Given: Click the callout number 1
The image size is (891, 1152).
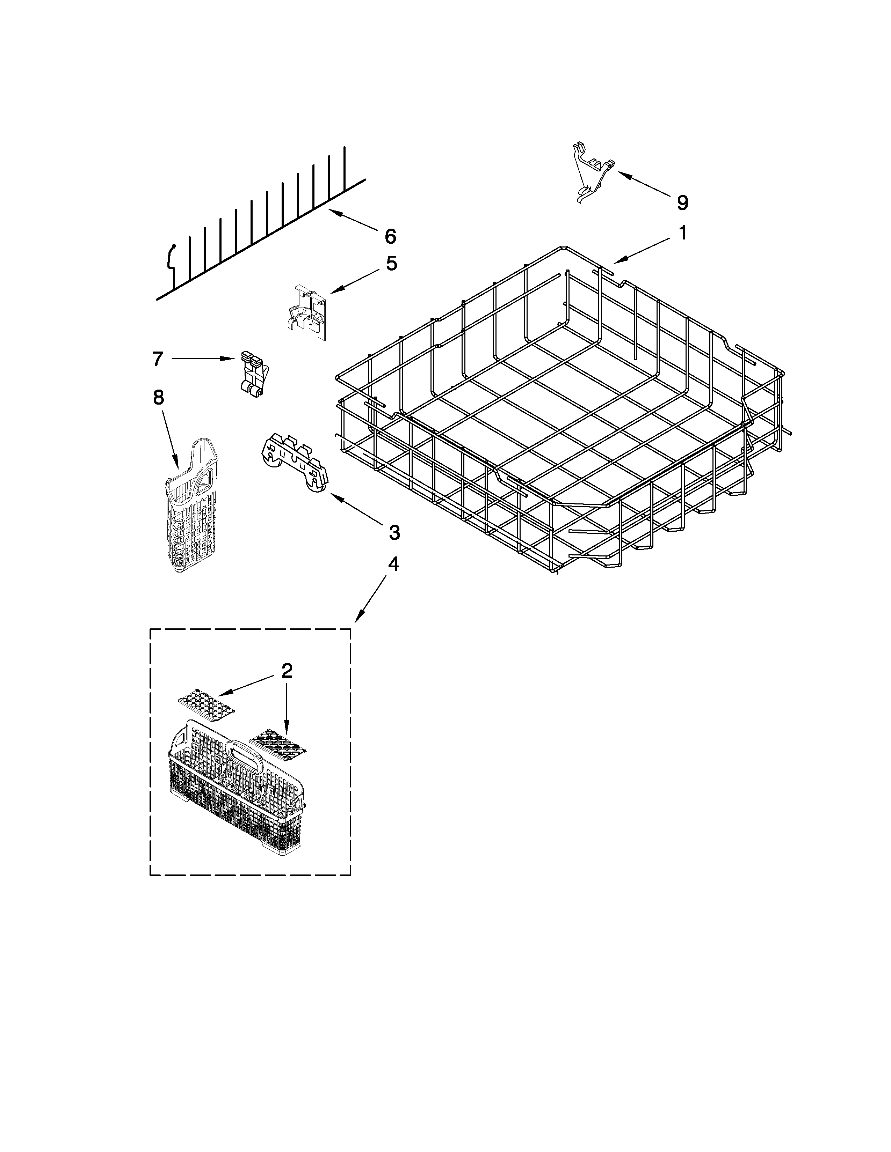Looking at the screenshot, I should click(x=682, y=232).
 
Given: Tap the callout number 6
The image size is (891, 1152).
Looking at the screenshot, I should click(x=390, y=236).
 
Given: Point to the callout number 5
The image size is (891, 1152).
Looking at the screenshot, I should click(x=391, y=263).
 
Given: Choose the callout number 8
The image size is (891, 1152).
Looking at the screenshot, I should click(x=158, y=397).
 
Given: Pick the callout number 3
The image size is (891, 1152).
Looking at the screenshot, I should click(x=394, y=533).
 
